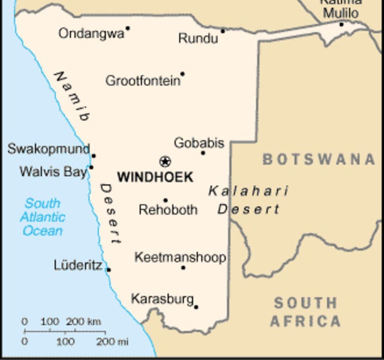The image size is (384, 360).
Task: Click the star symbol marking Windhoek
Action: pos(165,161)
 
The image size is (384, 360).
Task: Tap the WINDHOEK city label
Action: pos(155,178)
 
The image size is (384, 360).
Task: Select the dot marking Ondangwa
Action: pos(128,28)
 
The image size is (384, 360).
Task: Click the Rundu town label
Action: pos(198,39)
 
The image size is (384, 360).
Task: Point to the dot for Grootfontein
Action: pos(182,74)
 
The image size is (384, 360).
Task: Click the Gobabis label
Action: pos(199,143)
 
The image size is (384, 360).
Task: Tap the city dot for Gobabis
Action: pos(203,153)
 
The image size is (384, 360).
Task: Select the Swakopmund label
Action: pos(48,148)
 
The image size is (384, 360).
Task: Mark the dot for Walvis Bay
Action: pos(91,167)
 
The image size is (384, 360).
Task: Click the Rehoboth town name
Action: pos(168,210)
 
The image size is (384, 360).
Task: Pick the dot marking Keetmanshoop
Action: pos(183,267)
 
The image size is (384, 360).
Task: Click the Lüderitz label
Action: pos(78,265)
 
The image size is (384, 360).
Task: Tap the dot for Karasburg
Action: pos(196,307)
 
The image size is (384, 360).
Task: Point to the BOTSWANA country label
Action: pos(318,160)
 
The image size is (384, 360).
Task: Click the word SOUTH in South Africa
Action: pos(305,303)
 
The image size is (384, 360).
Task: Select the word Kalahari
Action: pos(248,191)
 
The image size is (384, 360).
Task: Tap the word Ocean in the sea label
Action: pos(43,230)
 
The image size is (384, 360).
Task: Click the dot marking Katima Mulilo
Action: pos(341,24)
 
